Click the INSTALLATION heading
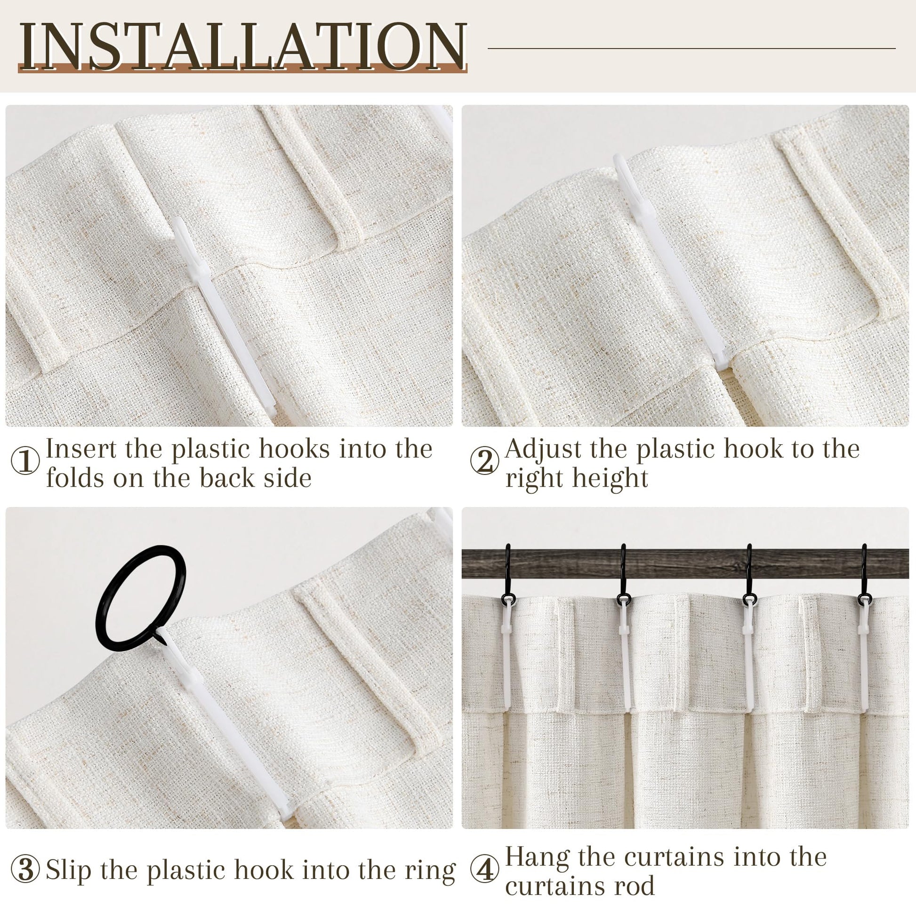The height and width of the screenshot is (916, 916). coord(243,46)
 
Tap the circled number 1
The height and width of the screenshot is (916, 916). coord(25,461)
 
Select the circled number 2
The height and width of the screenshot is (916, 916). coord(484,461)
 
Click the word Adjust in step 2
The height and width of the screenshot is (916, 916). coord(543,450)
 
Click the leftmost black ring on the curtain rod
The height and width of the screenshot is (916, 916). coord(508,576)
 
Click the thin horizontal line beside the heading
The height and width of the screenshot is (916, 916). coord(692,48)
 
